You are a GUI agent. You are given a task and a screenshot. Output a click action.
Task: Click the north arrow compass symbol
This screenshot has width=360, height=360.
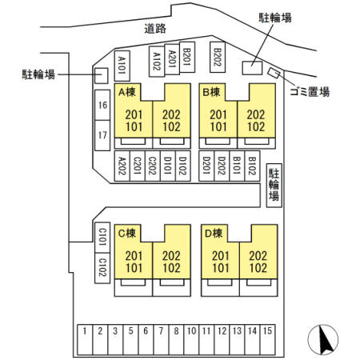[x=322, y=339]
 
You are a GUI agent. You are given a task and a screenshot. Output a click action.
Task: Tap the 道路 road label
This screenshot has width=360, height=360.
[x=155, y=29]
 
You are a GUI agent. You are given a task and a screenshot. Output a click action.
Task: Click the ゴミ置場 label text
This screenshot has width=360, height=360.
[x=310, y=92]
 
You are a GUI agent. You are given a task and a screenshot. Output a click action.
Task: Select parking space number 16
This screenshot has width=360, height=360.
[x=102, y=105]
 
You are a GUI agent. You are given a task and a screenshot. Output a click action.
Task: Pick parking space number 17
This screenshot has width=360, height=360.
[x=102, y=135]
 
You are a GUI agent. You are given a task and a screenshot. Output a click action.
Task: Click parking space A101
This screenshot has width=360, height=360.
[x=122, y=66]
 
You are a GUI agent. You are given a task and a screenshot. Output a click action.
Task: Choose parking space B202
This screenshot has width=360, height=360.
[x=218, y=57]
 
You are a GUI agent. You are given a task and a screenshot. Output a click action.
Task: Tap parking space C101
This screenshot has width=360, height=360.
[x=102, y=238]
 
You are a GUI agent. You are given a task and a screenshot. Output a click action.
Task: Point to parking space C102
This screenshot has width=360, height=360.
[x=102, y=268]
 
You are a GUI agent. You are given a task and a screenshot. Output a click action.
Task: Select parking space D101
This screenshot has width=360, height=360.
[x=168, y=166]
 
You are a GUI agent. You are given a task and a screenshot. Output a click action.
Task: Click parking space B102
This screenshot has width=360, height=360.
[x=252, y=166]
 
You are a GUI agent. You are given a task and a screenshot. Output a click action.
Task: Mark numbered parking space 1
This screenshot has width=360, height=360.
[x=85, y=340]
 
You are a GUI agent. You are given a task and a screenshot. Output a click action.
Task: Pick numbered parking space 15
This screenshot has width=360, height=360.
[x=267, y=340]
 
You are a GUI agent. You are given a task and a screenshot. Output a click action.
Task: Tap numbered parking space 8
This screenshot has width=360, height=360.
[x=176, y=340]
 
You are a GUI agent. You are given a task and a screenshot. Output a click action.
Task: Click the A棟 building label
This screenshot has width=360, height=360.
[x=127, y=92]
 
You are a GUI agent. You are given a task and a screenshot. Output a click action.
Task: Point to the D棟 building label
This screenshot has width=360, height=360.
[x=214, y=234]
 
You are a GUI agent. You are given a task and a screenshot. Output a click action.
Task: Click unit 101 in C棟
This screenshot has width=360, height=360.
[x=134, y=268]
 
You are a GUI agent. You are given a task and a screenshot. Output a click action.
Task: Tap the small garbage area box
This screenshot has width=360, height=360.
[x=274, y=73]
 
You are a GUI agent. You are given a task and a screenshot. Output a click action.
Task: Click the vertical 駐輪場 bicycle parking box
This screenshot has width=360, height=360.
[x=274, y=186]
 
